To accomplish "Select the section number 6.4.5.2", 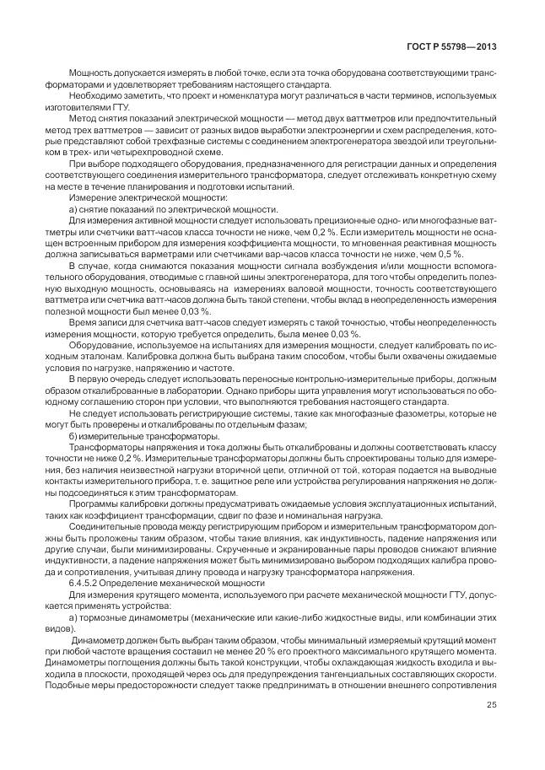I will (86, 583).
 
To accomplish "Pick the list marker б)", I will (73, 437).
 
